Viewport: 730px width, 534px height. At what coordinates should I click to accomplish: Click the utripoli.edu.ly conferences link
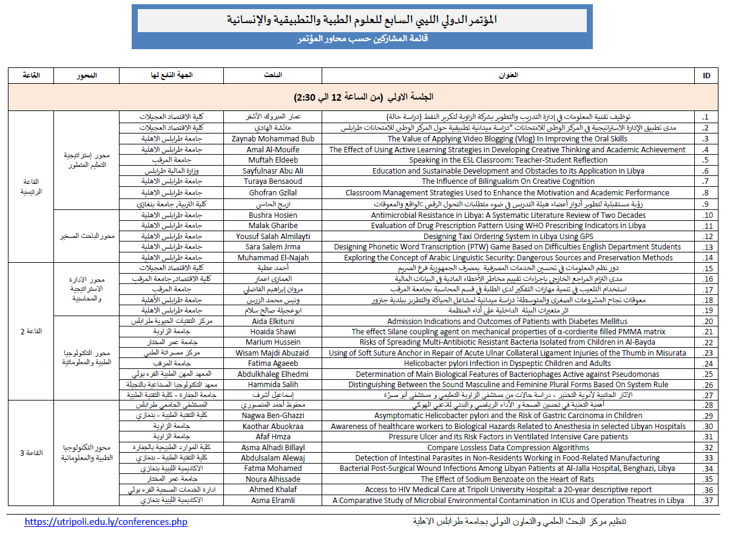click(x=106, y=522)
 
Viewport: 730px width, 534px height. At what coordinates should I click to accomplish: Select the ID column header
click(x=706, y=75)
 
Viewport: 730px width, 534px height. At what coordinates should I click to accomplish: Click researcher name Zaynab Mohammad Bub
click(x=272, y=139)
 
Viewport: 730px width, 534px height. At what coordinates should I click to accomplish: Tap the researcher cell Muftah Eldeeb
click(x=272, y=160)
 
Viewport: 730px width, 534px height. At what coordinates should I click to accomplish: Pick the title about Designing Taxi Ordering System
click(x=508, y=237)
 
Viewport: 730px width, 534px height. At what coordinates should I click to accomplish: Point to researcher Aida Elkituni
click(x=272, y=322)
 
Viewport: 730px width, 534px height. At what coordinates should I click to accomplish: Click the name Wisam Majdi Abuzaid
click(x=272, y=353)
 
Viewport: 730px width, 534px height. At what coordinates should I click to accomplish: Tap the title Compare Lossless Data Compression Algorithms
click(x=508, y=448)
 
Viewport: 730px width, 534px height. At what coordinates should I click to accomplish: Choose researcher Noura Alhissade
click(x=272, y=479)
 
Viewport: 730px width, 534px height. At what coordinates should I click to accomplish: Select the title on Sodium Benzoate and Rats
click(x=508, y=479)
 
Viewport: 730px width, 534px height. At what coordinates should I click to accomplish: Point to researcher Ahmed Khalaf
click(x=272, y=490)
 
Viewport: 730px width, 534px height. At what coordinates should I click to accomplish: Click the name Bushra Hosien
click(x=272, y=215)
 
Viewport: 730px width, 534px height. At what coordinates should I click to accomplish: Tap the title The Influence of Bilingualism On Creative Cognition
click(x=508, y=181)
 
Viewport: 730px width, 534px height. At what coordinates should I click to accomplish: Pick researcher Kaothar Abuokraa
click(x=272, y=427)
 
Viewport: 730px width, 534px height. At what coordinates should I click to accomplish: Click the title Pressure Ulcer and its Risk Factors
click(x=508, y=437)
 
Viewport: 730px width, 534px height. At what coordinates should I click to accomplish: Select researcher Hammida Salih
click(x=272, y=385)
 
